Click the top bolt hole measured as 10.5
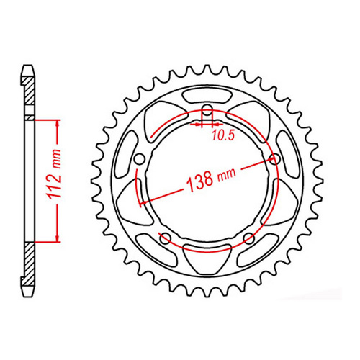point(207,110)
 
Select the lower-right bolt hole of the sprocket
point(248,238)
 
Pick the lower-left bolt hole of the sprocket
point(165,238)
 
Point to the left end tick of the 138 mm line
point(141,204)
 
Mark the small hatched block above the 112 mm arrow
point(28,116)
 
